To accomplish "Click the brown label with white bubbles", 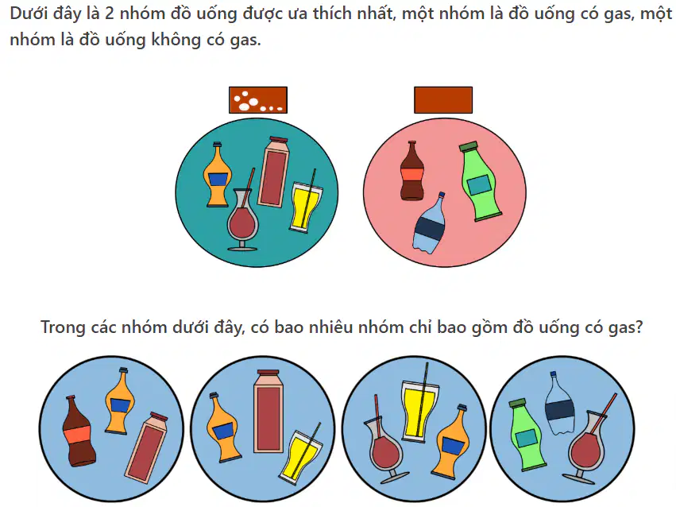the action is [x=258, y=100].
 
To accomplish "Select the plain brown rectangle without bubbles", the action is [x=443, y=100].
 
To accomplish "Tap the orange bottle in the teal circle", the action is [x=218, y=175].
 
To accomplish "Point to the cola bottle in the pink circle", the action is [x=411, y=171].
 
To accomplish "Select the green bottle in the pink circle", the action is [x=480, y=181].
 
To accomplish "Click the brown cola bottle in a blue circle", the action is [x=79, y=432].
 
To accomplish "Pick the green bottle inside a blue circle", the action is [x=527, y=435].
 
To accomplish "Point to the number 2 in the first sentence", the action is [x=110, y=14].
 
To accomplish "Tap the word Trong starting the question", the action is [x=63, y=327].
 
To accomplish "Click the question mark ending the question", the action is [x=639, y=327].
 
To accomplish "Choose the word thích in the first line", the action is [x=331, y=14].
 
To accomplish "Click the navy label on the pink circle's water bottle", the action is [x=429, y=226].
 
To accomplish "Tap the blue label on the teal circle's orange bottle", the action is [x=218, y=179].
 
